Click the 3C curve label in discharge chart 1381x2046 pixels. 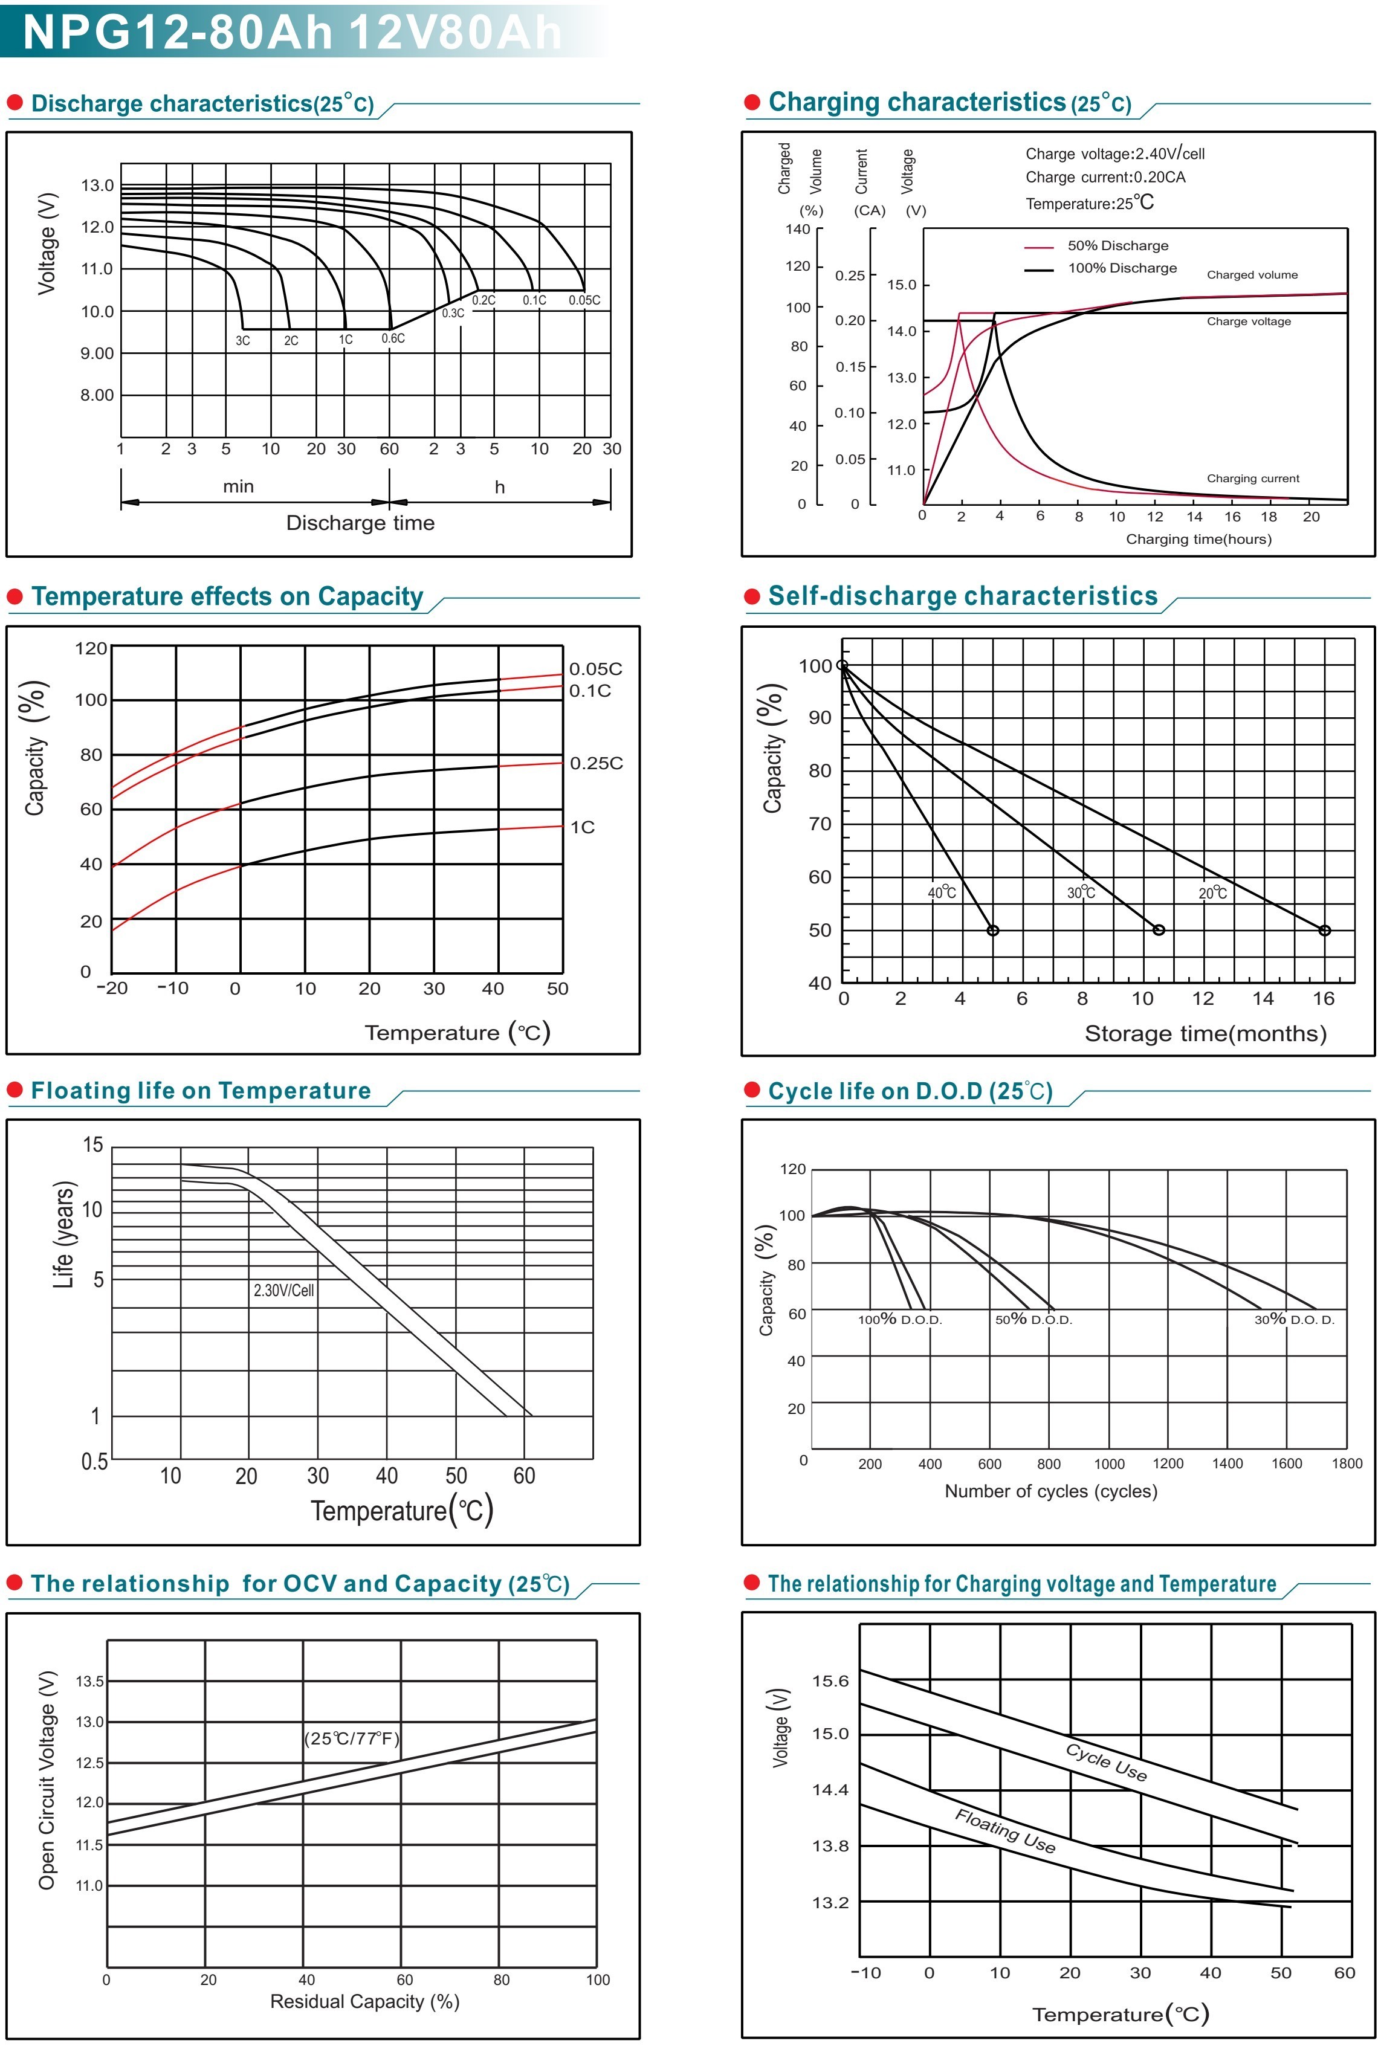[x=242, y=341]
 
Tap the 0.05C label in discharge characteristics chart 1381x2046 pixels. [x=584, y=300]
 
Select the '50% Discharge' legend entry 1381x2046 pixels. [x=1117, y=245]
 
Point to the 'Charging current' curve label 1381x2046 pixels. [x=1252, y=479]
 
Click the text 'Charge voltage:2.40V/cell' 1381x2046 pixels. [x=1114, y=153]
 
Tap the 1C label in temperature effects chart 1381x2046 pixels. [x=582, y=827]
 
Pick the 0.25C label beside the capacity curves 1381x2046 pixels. [x=595, y=763]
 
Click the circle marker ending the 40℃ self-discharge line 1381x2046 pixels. [x=992, y=931]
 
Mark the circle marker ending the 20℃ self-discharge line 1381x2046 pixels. [x=1324, y=931]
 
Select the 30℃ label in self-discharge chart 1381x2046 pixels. [x=1081, y=892]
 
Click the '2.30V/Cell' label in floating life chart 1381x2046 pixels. [x=283, y=1291]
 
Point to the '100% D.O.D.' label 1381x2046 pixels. [x=900, y=1320]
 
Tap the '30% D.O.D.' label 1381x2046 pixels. [x=1294, y=1320]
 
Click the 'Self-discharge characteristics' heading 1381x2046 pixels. [x=963, y=596]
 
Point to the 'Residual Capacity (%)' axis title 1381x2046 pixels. [x=364, y=2001]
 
